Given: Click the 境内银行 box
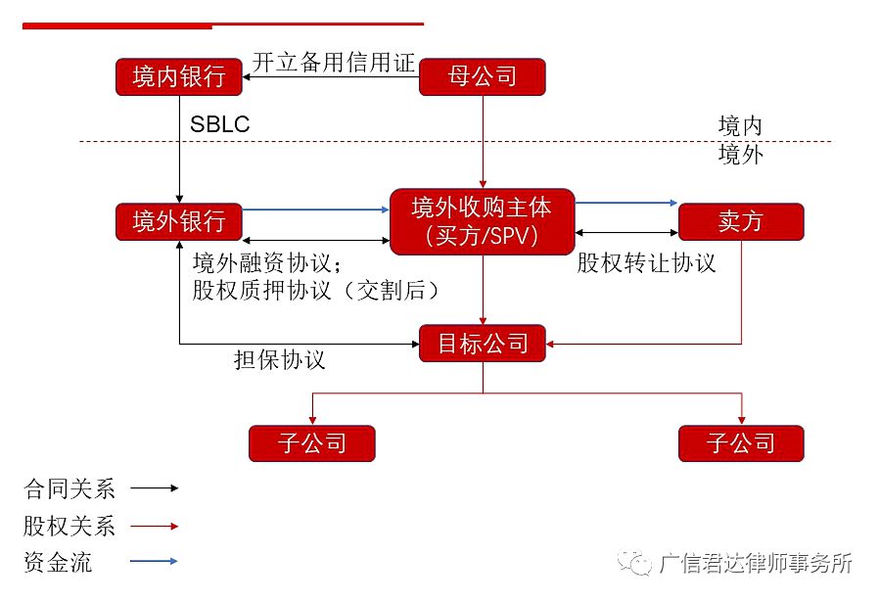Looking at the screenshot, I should tap(178, 77).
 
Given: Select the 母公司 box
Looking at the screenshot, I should tap(482, 77).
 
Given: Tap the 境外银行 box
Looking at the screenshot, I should tap(178, 221).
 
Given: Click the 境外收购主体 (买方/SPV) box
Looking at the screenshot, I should tap(482, 221).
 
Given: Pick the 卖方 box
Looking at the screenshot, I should tap(740, 221).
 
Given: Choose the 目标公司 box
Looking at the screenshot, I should tap(482, 344).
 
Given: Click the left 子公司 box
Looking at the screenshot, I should tap(312, 443).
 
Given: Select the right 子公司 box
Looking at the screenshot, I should tap(740, 443).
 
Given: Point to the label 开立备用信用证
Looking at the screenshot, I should tap(335, 63).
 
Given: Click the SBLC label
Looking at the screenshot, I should tap(219, 125).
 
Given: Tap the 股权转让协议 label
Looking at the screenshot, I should tap(646, 263).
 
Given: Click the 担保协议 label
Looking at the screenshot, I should tap(279, 360).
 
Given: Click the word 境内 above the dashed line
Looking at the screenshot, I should tap(739, 126).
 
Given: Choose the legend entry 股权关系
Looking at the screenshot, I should tap(69, 526).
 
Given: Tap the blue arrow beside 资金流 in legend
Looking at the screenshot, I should tap(154, 562).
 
